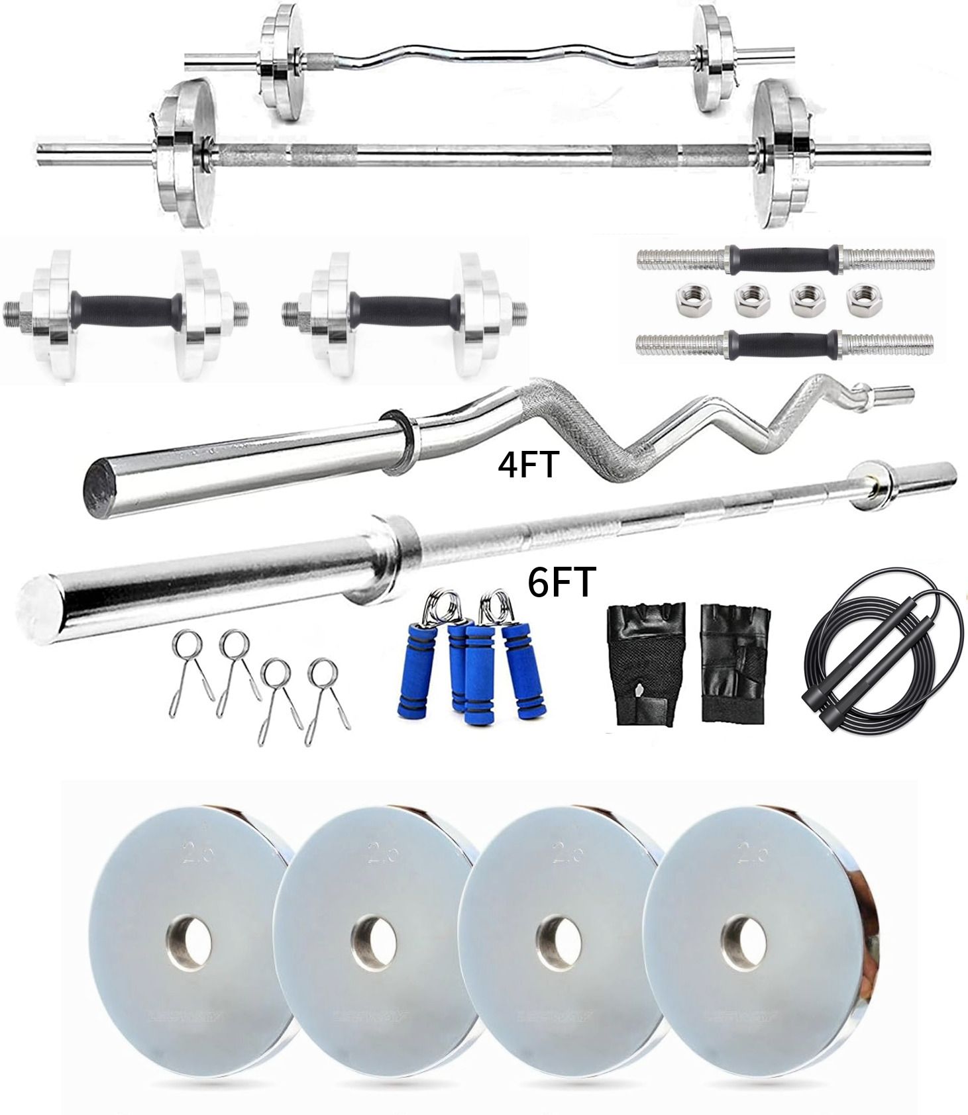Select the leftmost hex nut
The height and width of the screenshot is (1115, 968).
tap(685, 299)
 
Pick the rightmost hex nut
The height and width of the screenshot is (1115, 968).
tap(859, 299)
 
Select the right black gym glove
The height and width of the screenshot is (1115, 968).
tap(733, 665)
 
